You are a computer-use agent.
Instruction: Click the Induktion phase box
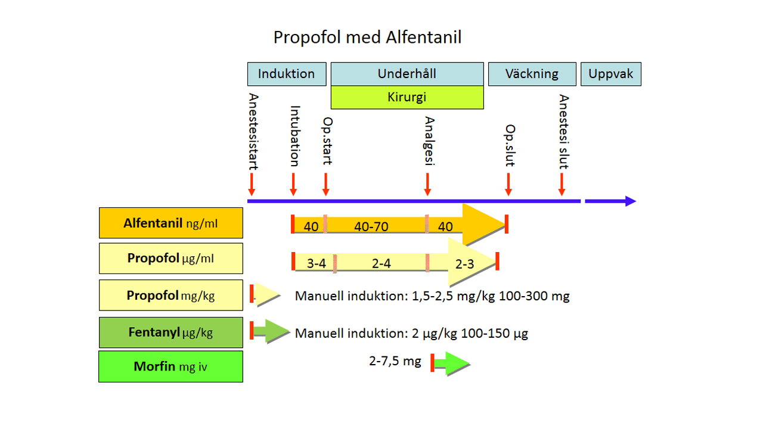point(287,74)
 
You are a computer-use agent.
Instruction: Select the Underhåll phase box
point(407,74)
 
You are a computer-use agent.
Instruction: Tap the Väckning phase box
point(532,74)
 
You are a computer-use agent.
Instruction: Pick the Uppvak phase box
point(611,74)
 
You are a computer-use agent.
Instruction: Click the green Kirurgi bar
point(407,97)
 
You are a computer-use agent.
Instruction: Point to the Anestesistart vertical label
point(253,132)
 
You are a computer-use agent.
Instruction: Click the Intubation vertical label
point(294,136)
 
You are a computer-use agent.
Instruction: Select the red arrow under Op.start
point(325,184)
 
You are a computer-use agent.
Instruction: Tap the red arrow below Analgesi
point(427,184)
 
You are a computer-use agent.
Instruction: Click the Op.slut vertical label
point(510,145)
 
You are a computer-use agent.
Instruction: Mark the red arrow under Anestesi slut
point(562,184)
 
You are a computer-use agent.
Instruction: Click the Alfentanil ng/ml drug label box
point(171,223)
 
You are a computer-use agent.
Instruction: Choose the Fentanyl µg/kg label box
point(171,332)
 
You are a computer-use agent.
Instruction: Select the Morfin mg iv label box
point(171,366)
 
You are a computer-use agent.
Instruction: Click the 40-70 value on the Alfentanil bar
point(371,226)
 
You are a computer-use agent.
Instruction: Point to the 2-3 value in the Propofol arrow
point(464,264)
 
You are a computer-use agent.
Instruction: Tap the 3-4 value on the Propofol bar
point(316,263)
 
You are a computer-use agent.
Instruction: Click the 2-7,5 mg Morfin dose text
point(395,361)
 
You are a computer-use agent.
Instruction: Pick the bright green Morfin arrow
point(450,363)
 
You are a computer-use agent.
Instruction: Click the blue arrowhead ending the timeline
point(631,201)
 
